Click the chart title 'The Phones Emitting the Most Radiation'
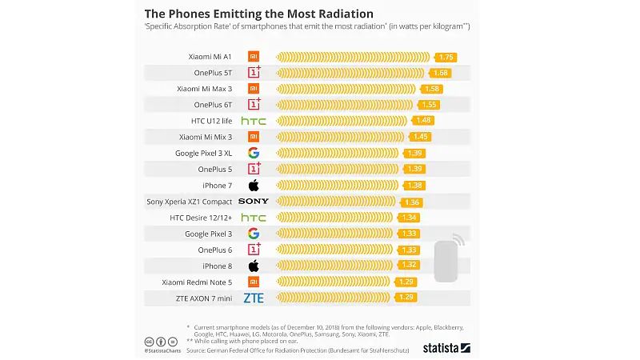258,14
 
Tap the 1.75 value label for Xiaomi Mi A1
446,57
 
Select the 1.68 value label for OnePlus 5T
440,73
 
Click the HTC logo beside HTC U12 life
253,121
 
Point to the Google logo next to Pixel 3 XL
253,153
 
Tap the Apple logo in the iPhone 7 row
253,186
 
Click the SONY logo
253,202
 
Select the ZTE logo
253,298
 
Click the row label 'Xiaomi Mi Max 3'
204,89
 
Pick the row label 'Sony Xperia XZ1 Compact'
190,202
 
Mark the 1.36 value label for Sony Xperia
413,202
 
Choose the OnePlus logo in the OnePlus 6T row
253,105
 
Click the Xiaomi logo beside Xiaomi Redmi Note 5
253,282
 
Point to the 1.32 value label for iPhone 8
409,266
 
